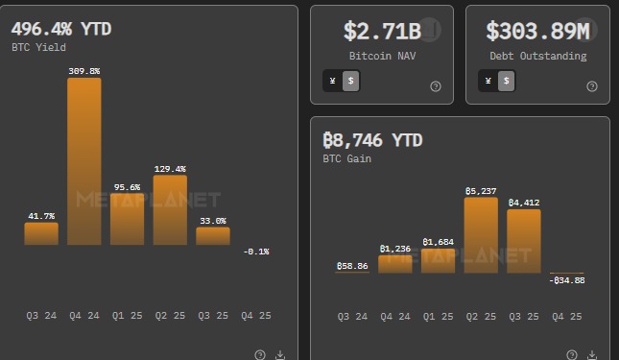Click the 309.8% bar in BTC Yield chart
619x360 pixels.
coord(84,160)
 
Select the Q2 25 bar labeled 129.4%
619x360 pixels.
coord(170,209)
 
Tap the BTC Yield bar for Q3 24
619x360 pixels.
coord(41,233)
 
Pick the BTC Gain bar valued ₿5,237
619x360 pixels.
coord(481,235)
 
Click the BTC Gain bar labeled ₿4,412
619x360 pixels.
coord(524,241)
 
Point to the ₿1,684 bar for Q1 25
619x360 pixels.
coord(438,260)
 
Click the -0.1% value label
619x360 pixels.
coord(256,252)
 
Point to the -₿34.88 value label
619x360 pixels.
coord(566,280)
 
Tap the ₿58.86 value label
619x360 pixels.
coord(352,265)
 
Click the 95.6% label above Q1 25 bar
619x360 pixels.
coord(127,187)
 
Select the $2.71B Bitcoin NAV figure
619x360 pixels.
coord(382,31)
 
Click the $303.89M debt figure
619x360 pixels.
coord(533,31)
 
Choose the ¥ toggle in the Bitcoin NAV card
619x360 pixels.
coord(332,82)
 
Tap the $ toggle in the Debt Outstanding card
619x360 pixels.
coord(506,82)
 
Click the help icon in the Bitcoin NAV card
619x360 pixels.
coord(436,86)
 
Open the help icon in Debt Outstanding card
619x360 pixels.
coord(590,86)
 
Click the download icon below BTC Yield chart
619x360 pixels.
coord(280,354)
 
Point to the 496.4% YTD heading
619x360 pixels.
coord(61,29)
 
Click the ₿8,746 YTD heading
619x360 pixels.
coord(372,140)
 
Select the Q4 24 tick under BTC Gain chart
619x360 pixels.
coord(395,316)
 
